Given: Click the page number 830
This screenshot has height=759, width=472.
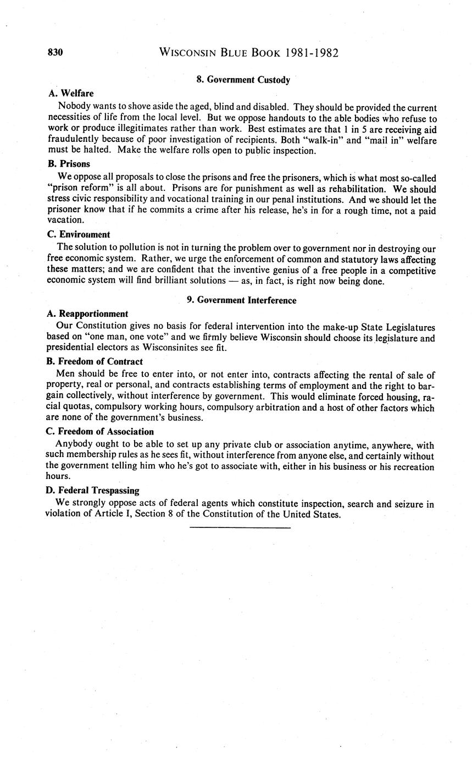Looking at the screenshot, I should tap(56, 53).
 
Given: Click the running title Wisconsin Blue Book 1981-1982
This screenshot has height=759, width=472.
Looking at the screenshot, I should tap(248, 53).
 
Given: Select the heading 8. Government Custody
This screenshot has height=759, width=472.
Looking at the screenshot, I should tap(243, 80).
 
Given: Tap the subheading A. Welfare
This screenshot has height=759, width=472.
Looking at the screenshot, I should tap(71, 94).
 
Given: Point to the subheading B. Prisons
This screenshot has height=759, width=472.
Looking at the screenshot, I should tap(69, 164).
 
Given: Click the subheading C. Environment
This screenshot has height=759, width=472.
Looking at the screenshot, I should tap(79, 234).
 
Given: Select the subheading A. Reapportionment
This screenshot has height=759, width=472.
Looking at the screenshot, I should tap(88, 313).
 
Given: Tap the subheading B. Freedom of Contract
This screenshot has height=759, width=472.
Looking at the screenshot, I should tap(96, 362).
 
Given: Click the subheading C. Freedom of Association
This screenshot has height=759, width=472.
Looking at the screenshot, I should tap(101, 432).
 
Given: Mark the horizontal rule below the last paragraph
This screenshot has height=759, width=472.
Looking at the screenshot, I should tap(240, 528).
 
